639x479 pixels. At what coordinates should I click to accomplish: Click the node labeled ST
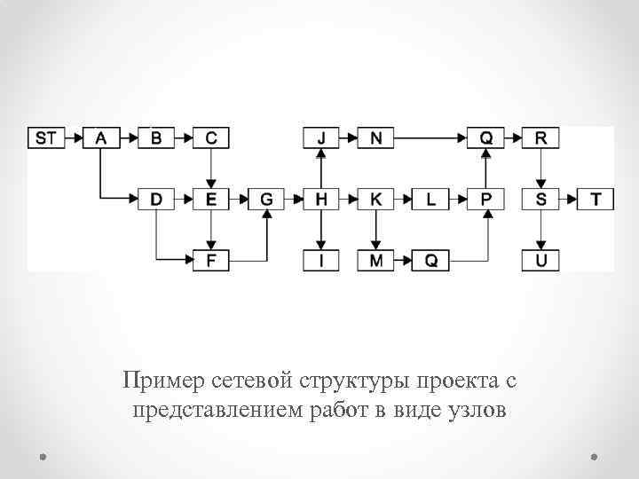(x=47, y=137)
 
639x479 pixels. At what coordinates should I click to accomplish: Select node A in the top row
(x=101, y=137)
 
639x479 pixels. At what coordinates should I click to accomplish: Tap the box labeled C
(x=210, y=137)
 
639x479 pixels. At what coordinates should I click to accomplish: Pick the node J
(x=321, y=137)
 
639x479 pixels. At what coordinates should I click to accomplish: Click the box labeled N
(x=376, y=137)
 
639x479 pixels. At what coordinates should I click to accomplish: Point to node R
(x=540, y=137)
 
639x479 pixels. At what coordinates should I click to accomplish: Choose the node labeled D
(x=156, y=200)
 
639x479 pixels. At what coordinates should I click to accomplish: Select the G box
(x=266, y=200)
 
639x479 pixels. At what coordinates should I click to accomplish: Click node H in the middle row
(x=321, y=200)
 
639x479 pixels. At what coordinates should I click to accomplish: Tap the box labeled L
(x=431, y=200)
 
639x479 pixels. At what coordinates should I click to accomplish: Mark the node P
(x=485, y=200)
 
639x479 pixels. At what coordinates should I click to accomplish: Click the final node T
(x=596, y=200)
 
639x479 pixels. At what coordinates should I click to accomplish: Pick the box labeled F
(x=210, y=261)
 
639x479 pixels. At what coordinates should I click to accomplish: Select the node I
(x=321, y=261)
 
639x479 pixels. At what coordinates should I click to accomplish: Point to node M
(x=376, y=261)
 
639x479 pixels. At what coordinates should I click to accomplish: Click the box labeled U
(x=540, y=261)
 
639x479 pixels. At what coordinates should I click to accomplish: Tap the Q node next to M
(x=431, y=261)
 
